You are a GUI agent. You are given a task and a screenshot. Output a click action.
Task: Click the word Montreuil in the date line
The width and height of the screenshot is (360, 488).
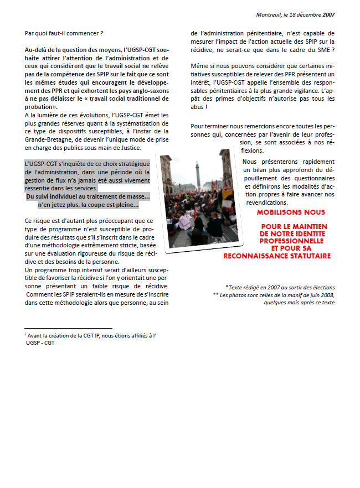coord(268,14)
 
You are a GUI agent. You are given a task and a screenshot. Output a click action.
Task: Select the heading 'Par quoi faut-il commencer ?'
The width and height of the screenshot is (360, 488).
coord(64,34)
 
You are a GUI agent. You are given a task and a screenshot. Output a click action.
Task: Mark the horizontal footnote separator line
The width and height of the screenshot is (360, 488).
coord(68,329)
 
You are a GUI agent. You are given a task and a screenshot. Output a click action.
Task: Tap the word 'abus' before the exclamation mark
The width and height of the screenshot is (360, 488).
coord(198,107)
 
